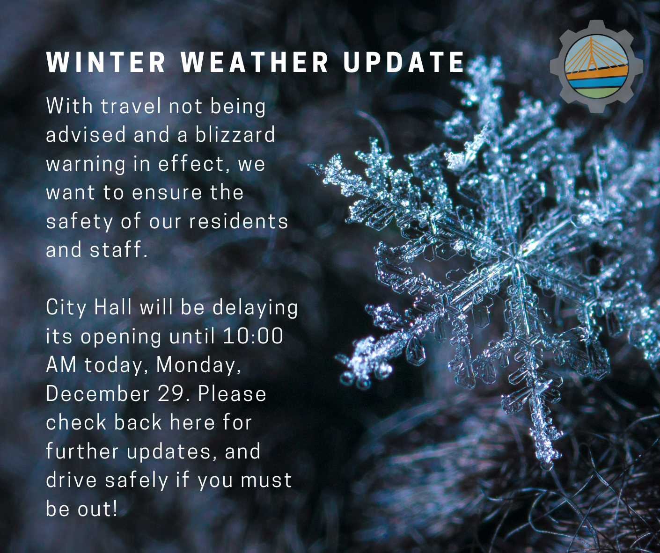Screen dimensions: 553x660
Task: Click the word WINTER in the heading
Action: [106, 63]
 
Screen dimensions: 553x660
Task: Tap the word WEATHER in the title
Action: [256, 63]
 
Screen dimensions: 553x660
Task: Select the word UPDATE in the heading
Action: [403, 63]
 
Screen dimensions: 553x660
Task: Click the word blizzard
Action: [235, 135]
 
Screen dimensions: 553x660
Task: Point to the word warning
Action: [86, 164]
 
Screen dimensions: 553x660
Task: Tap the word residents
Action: [239, 221]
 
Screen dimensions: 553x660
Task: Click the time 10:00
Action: [253, 336]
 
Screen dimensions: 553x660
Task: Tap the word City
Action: [66, 308]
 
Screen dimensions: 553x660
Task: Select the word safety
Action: [80, 222]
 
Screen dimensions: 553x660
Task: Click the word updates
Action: [172, 452]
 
